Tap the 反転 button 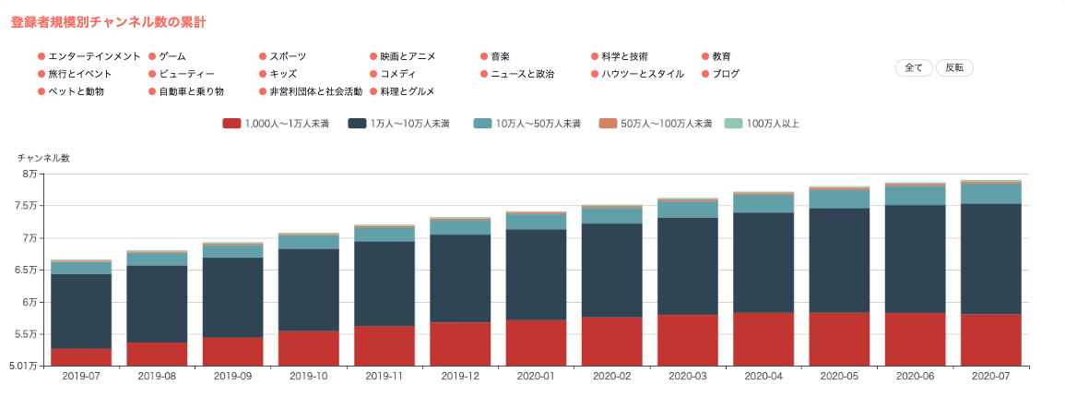pyautogui.click(x=954, y=67)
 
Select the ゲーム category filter pyautogui.click(x=172, y=56)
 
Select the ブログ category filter pyautogui.click(x=726, y=74)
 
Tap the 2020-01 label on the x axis pyautogui.click(x=536, y=377)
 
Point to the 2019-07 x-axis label pyautogui.click(x=81, y=377)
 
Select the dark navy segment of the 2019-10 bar pyautogui.click(x=309, y=289)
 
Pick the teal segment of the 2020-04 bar pyautogui.click(x=763, y=203)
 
